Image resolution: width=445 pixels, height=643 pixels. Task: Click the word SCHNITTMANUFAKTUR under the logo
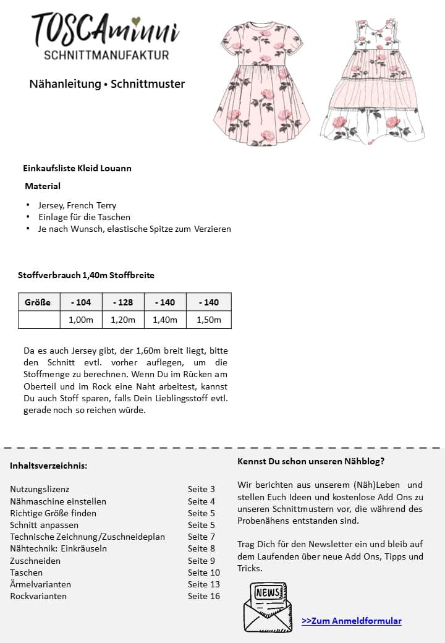pyautogui.click(x=107, y=55)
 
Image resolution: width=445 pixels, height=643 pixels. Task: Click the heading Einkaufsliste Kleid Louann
pyautogui.click(x=77, y=168)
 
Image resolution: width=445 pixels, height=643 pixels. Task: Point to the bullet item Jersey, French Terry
pyautogui.click(x=77, y=205)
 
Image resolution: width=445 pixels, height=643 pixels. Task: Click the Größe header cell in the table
pyautogui.click(x=38, y=302)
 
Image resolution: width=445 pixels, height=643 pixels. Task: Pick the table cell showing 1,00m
pyautogui.click(x=81, y=320)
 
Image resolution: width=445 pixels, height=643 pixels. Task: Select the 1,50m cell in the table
pyautogui.click(x=209, y=320)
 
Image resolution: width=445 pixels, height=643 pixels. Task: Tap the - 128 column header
pyautogui.click(x=123, y=302)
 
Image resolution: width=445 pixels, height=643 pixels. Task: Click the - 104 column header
pyautogui.click(x=81, y=302)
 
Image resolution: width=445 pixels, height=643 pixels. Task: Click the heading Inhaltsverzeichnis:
pyautogui.click(x=48, y=466)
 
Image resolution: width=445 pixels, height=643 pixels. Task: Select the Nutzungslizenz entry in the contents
pyautogui.click(x=40, y=489)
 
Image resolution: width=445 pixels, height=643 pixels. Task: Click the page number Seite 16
pyautogui.click(x=204, y=596)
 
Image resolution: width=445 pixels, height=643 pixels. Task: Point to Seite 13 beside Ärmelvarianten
pyautogui.click(x=204, y=584)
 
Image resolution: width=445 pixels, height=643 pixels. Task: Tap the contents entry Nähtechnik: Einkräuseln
pyautogui.click(x=58, y=548)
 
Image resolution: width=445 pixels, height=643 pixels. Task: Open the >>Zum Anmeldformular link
pyautogui.click(x=352, y=621)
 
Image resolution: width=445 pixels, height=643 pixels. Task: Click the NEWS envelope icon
pyautogui.click(x=268, y=606)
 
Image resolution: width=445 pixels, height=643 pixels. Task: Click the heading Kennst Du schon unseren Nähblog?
pyautogui.click(x=310, y=461)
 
